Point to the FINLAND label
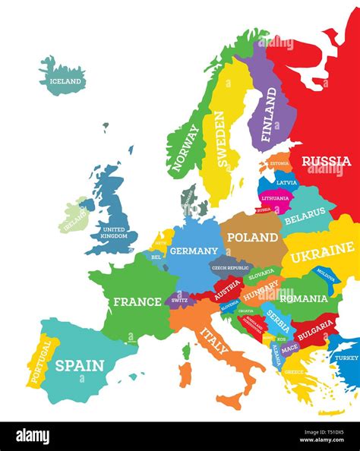(270, 115)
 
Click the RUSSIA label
(327, 161)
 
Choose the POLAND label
(252, 237)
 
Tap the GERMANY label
(194, 251)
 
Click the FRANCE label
(137, 301)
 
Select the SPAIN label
(79, 365)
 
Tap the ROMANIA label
(303, 298)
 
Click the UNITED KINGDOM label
(114, 232)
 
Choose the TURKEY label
(346, 358)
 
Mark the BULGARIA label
(314, 330)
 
